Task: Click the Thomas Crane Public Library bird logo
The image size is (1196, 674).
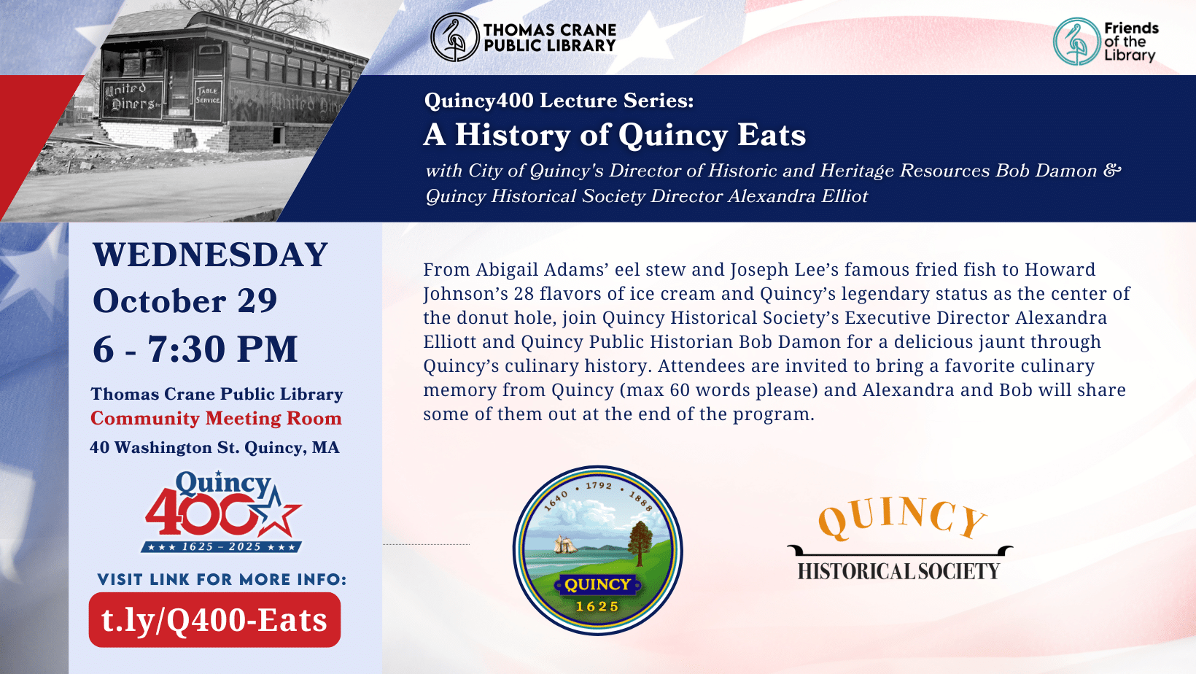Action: [x=454, y=37]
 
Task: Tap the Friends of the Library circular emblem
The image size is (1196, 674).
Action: [x=1076, y=42]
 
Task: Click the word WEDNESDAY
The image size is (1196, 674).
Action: [x=210, y=255]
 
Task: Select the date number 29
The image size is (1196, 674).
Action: [x=257, y=301]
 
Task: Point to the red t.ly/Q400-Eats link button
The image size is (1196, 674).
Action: [x=214, y=620]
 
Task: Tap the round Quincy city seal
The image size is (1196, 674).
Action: [x=598, y=550]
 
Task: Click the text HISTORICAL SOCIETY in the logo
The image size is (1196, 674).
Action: [x=898, y=571]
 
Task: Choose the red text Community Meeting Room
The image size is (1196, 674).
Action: [x=216, y=419]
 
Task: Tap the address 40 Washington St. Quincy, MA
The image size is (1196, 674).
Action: [x=214, y=448]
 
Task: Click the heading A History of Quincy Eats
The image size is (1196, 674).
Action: [x=615, y=135]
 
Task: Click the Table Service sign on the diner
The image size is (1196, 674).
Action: [x=207, y=96]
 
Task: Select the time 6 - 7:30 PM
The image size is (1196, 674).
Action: [x=195, y=349]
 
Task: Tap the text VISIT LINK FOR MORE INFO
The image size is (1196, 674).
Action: [x=222, y=580]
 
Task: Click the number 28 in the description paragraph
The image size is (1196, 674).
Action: [x=524, y=294]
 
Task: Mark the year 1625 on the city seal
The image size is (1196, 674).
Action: [x=597, y=606]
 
